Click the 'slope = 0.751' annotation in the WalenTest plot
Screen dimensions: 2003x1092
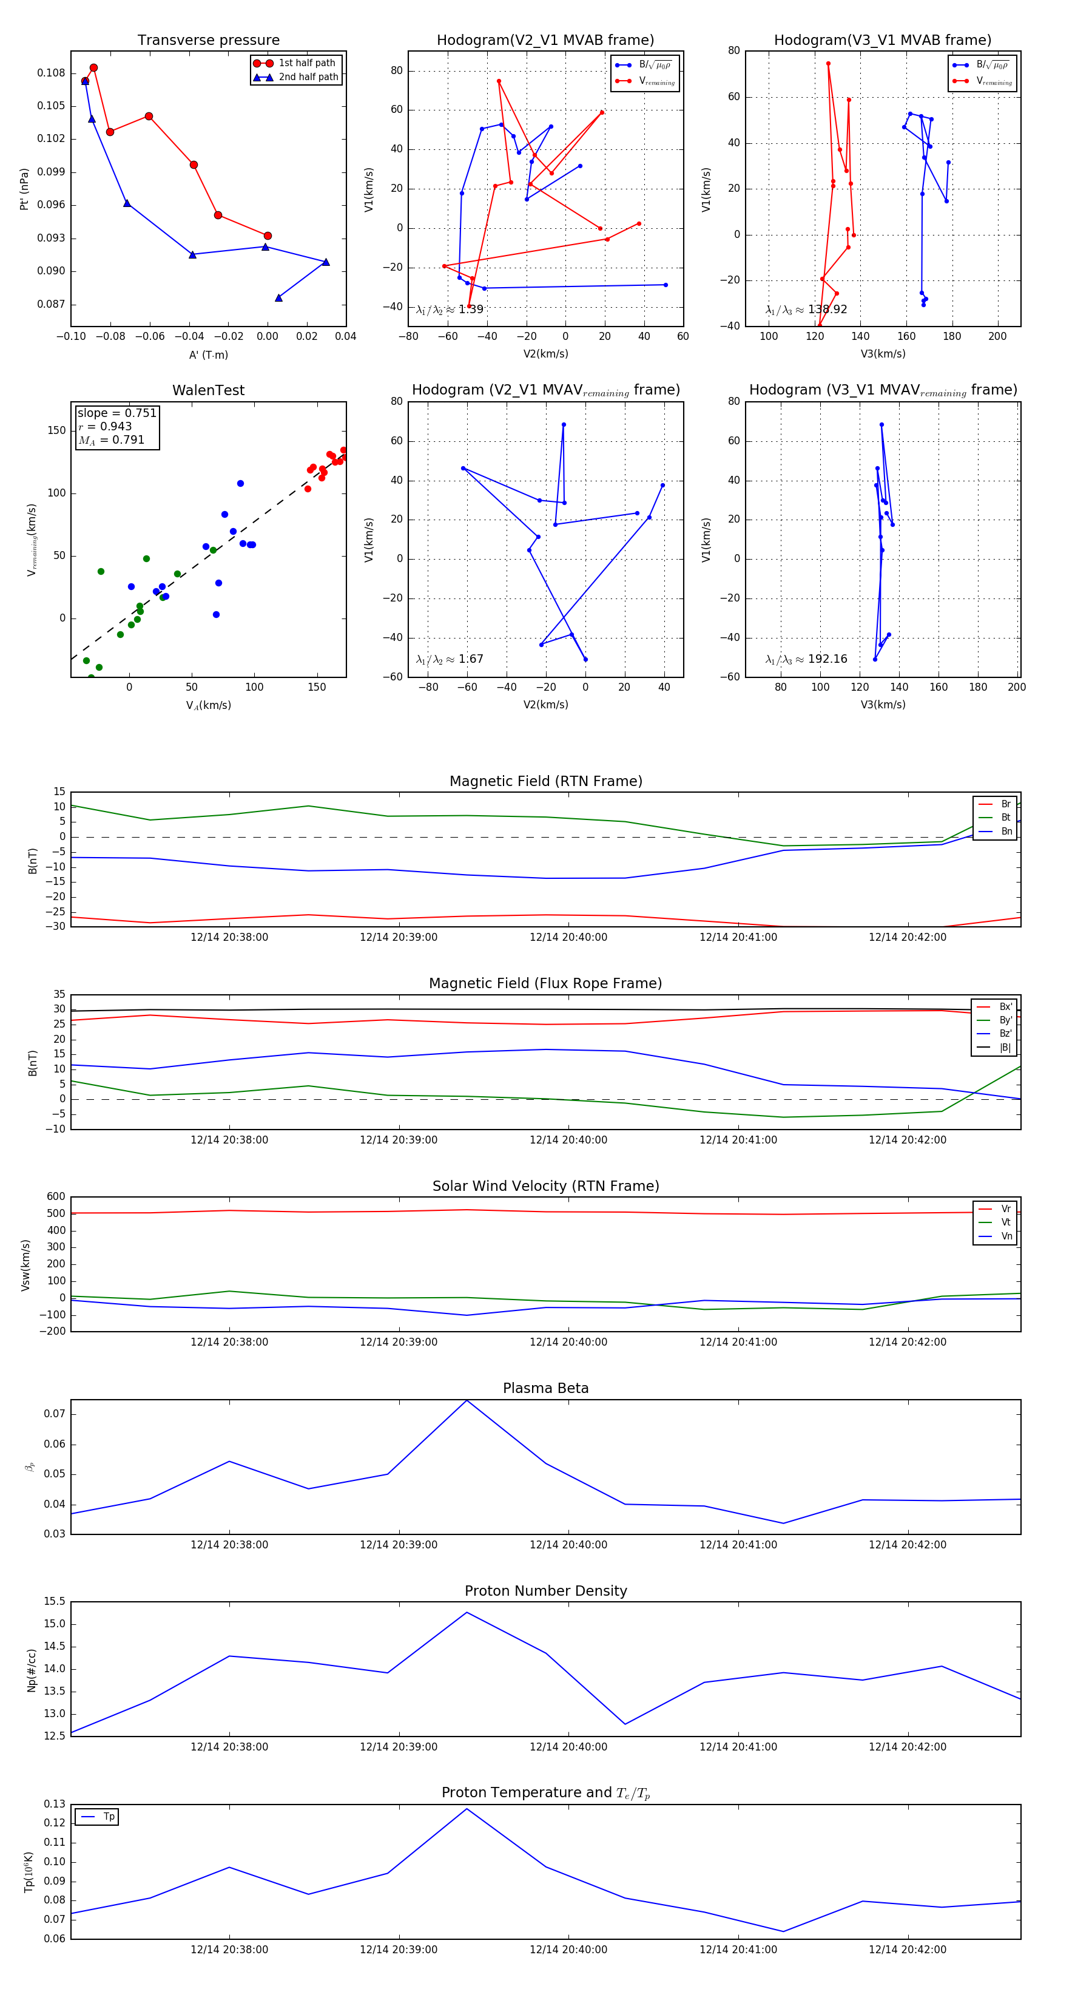pos(116,413)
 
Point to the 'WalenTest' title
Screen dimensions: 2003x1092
pos(208,390)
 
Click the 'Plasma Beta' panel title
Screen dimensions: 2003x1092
pos(545,1388)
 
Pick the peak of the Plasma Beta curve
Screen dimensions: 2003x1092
pos(467,1400)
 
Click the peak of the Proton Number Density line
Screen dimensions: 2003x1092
pos(467,1613)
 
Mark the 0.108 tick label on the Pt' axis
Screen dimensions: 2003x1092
pos(52,73)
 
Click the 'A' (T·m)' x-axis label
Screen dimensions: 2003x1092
pos(208,354)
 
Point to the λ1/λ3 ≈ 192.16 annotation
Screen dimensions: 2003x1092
pos(806,659)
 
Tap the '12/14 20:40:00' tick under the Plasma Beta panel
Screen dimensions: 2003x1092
pos(568,1544)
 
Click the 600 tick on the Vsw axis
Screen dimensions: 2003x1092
pos(56,1197)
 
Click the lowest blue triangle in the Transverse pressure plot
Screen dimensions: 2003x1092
pos(278,298)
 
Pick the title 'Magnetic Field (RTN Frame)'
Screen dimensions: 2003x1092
pos(545,781)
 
